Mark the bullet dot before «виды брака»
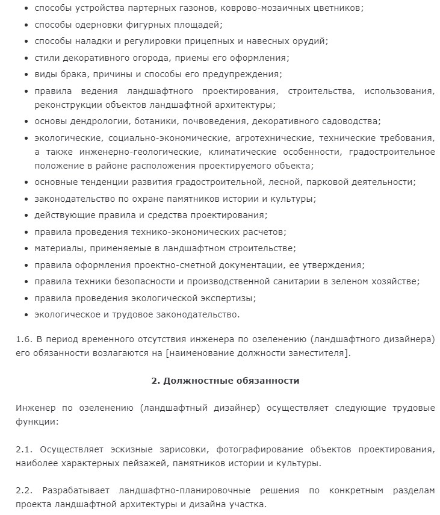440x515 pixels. click(26, 75)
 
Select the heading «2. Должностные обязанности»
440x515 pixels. click(225, 381)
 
